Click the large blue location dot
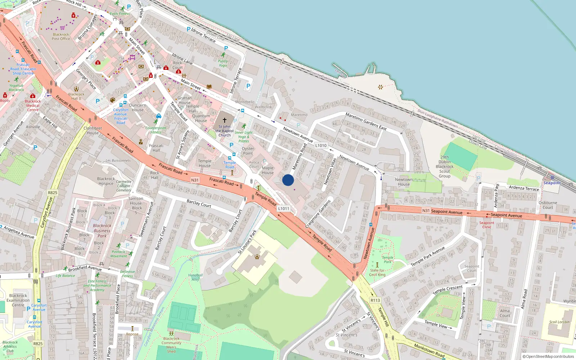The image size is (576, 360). tap(288, 180)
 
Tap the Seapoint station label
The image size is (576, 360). tap(552, 183)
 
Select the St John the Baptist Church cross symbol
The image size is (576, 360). tap(225, 120)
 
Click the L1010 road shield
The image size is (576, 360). tap(321, 146)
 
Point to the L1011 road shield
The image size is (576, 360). tap(284, 208)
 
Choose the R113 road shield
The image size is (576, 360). tap(375, 300)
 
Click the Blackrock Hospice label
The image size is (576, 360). tap(106, 181)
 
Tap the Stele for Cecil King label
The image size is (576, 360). tap(377, 273)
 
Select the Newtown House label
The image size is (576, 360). tap(404, 182)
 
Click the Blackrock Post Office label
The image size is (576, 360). tap(61, 36)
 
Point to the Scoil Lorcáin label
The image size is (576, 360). tap(559, 322)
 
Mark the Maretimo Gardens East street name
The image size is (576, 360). tap(366, 121)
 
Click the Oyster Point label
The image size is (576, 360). tap(248, 151)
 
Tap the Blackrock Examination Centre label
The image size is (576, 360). tap(18, 300)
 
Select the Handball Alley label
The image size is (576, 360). tap(195, 277)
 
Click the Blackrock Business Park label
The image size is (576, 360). tap(102, 231)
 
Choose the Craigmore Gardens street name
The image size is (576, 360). tap(318, 214)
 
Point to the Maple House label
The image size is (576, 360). tap(268, 170)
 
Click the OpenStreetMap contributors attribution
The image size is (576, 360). tap(548, 357)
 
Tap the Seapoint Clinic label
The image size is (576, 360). tap(487, 225)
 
